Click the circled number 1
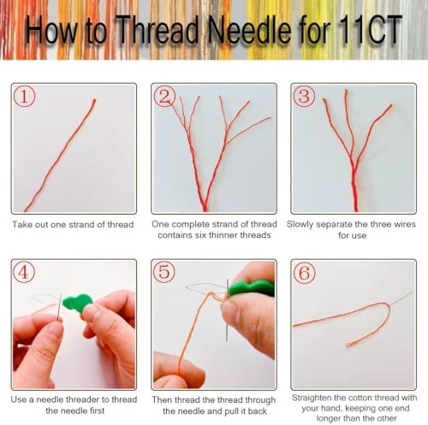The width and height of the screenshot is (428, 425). point(24,97)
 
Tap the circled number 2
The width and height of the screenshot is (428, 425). point(164,97)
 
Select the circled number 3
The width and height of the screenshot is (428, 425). point(304,97)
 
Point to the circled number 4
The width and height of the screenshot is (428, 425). point(24,272)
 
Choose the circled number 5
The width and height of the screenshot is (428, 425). point(164,272)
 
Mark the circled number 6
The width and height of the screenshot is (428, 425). point(305,273)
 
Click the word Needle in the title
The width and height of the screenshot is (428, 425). point(249,30)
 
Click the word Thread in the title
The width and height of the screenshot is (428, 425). point(158,30)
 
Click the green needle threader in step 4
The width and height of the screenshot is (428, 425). point(78,303)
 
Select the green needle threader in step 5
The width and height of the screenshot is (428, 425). point(252,287)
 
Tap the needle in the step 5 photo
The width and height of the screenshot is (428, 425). point(227,310)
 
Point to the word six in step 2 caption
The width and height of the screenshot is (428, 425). point(200,235)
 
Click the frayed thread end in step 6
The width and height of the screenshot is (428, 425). point(350,345)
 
